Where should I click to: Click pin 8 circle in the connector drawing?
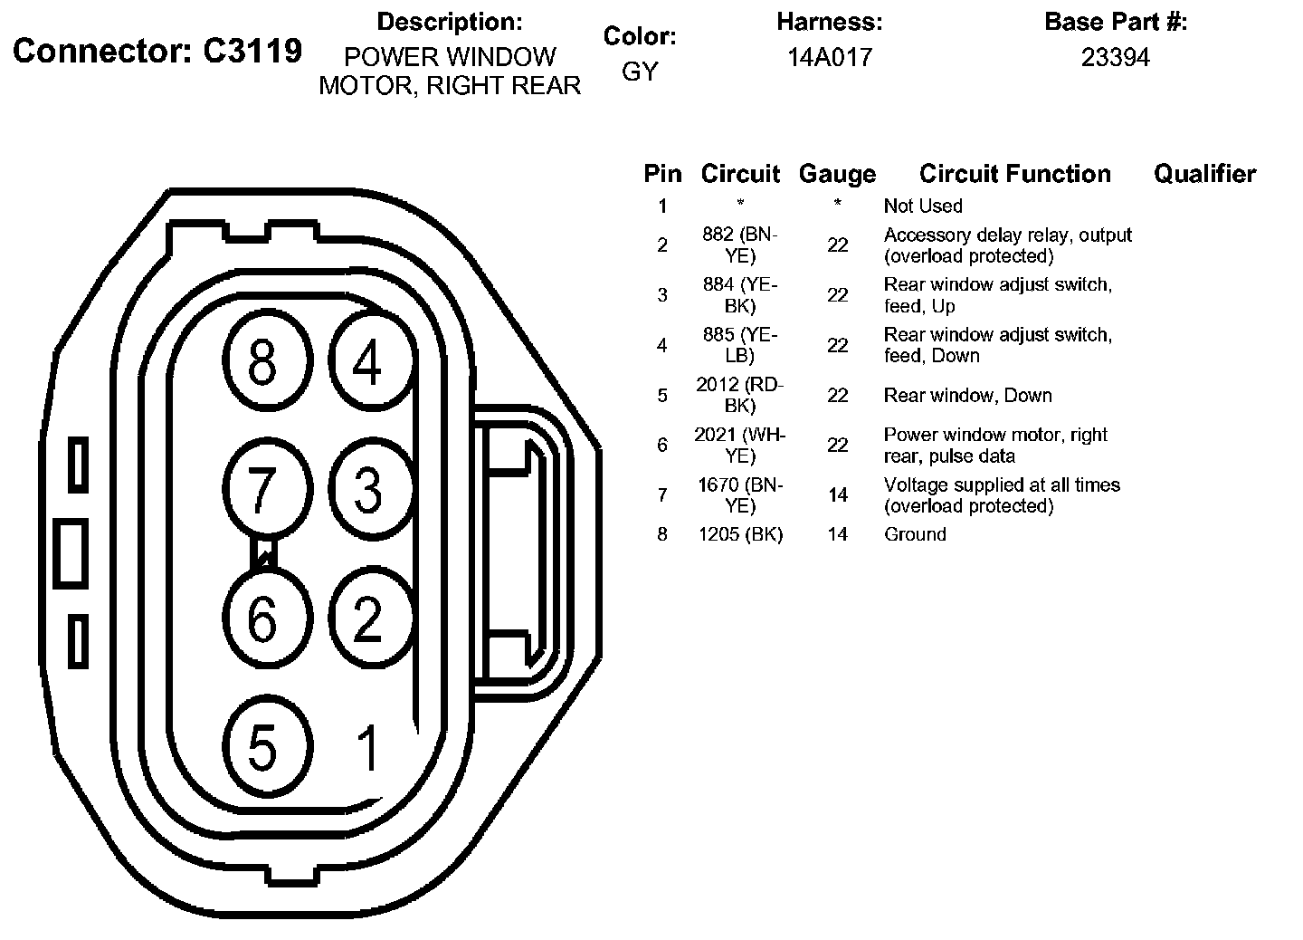pos(262,363)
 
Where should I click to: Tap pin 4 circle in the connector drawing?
pos(367,363)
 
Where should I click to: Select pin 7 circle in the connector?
pos(262,489)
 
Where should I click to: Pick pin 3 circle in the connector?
pos(367,489)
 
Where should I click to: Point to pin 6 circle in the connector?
pos(262,619)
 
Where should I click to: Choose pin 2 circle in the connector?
pos(367,619)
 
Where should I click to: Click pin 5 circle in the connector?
pos(262,748)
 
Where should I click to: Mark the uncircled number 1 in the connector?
pos(367,748)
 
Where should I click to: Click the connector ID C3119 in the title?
pos(252,52)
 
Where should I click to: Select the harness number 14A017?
pos(829,58)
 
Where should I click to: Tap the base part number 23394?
pos(1115,58)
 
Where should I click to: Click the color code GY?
pos(640,72)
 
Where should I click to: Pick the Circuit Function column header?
pos(1014,174)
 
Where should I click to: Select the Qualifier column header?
pos(1204,174)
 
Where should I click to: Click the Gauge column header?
pos(837,174)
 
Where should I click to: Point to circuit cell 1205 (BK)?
pos(740,534)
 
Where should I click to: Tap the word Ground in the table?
pos(915,534)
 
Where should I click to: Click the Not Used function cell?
pos(923,206)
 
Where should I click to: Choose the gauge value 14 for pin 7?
pos(838,494)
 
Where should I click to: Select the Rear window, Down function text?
pos(967,395)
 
